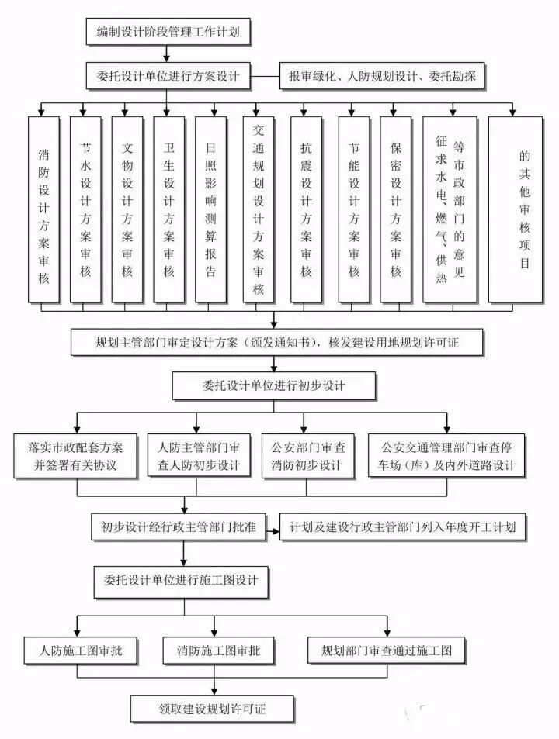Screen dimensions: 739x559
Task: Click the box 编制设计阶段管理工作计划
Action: (x=167, y=32)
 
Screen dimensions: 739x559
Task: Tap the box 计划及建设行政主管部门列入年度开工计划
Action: (x=403, y=527)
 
